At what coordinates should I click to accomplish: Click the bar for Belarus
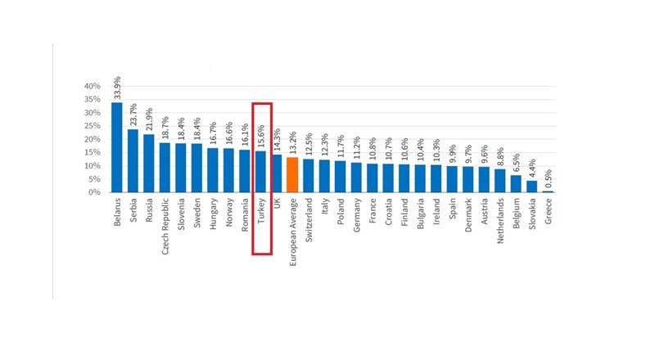117,147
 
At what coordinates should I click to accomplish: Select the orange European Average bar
292,175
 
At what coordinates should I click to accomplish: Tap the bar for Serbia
133,161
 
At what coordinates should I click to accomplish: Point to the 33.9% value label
117,87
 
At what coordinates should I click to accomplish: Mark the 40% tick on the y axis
93,86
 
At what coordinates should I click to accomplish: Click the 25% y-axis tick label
93,126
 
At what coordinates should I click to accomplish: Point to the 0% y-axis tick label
95,192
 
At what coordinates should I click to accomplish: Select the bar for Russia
149,164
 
